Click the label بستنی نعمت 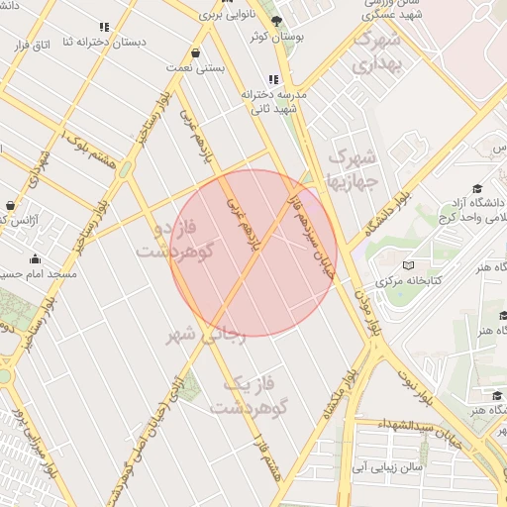click(202, 68)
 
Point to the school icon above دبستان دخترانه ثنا click(104, 28)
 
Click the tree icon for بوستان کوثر click(276, 21)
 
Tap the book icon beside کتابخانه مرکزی click(407, 265)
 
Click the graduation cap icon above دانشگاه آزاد click(476, 188)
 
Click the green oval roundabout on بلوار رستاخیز click(126, 169)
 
